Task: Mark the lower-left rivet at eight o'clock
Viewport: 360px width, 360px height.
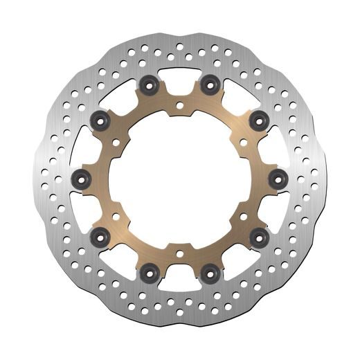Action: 99,235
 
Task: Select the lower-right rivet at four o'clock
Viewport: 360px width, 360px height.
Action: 258,235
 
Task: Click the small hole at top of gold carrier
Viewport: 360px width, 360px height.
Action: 179,106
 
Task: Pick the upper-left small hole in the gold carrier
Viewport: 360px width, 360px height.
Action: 116,143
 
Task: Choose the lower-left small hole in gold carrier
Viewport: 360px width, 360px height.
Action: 116,215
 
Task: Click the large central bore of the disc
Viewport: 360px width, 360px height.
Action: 179,179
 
